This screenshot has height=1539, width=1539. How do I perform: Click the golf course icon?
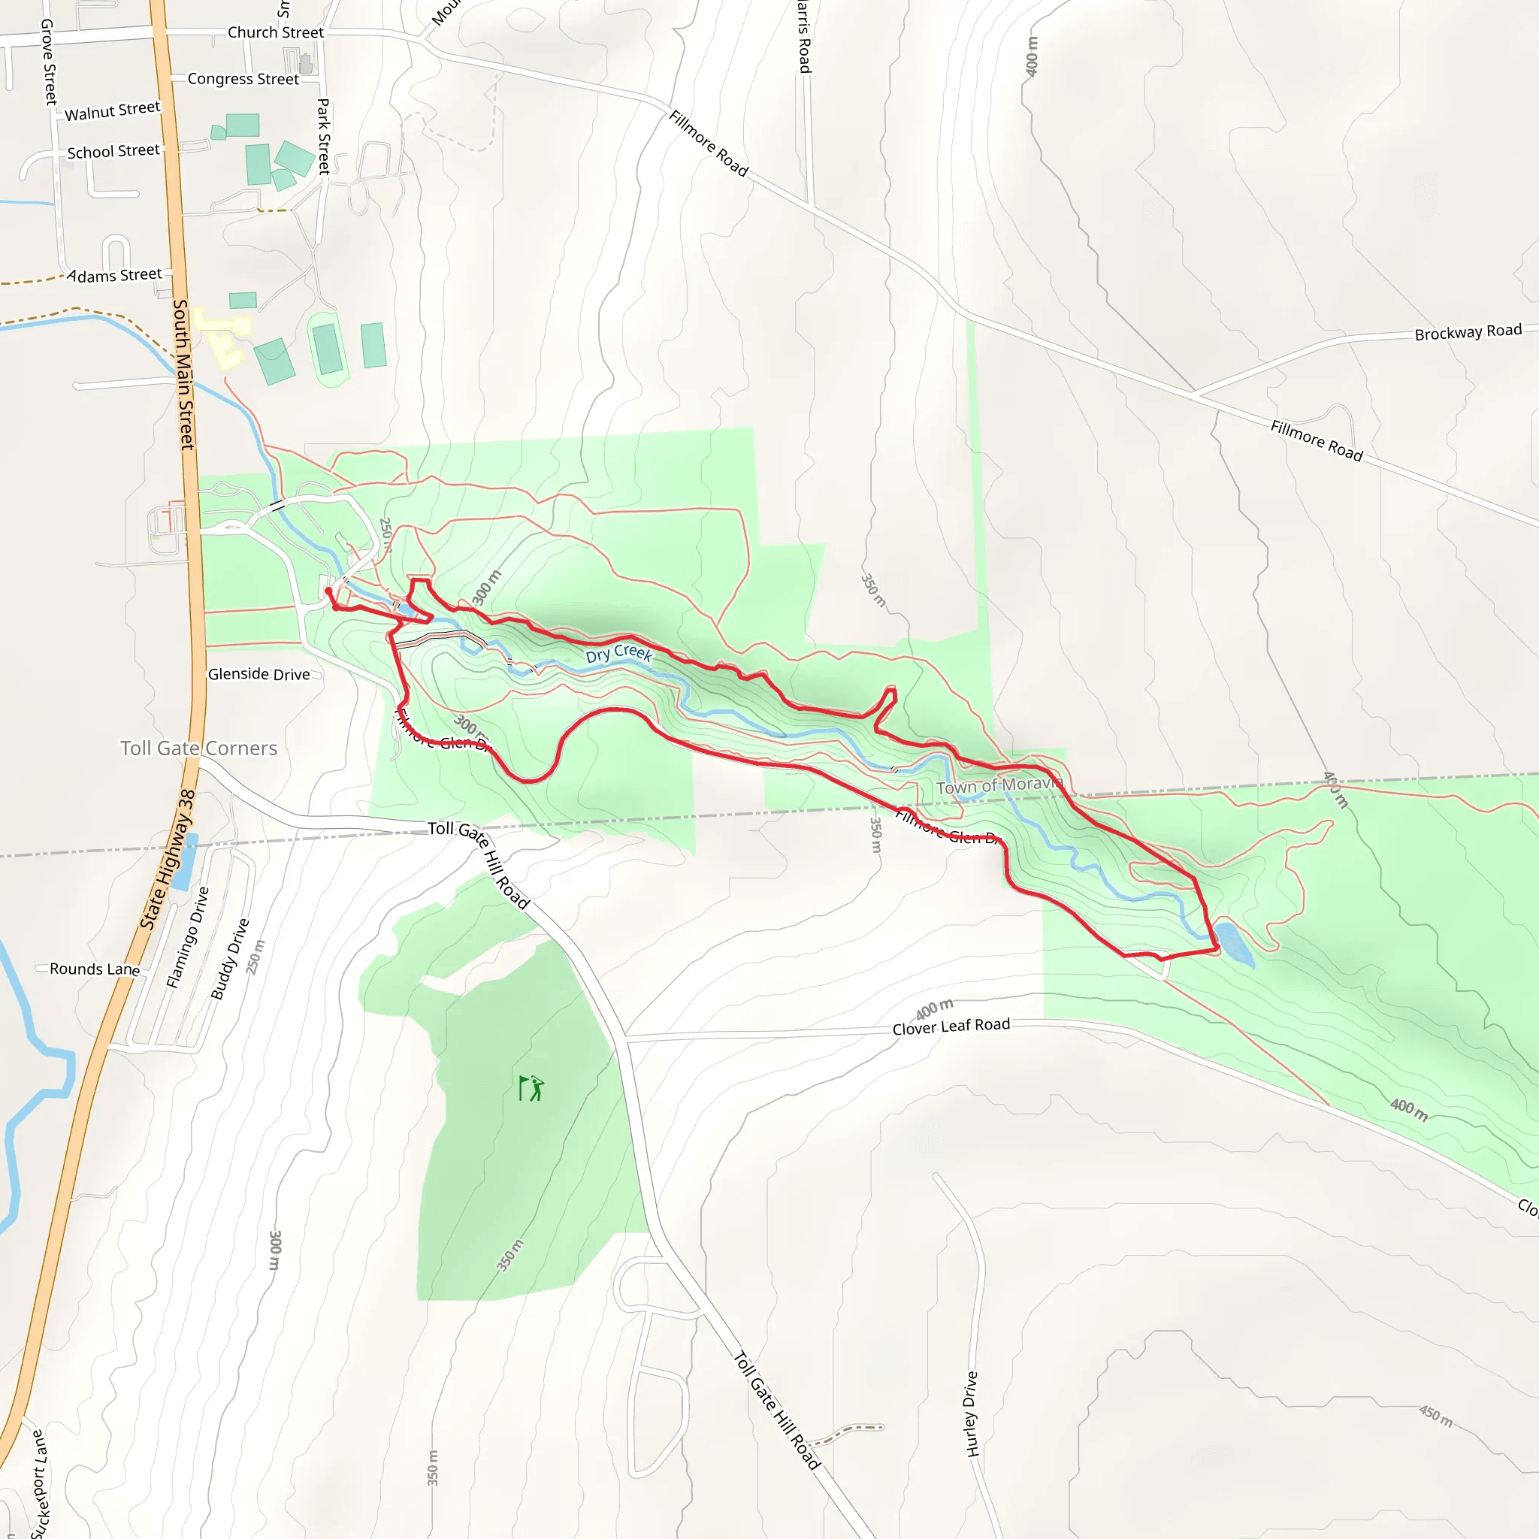click(x=531, y=1087)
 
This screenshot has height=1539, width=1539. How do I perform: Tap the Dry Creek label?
click(x=619, y=654)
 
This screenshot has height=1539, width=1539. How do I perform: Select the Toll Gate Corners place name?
click(x=198, y=748)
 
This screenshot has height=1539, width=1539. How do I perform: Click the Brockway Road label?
click(x=1468, y=332)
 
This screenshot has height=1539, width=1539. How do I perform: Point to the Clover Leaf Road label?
click(x=951, y=1027)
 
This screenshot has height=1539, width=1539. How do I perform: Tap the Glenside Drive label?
click(x=259, y=674)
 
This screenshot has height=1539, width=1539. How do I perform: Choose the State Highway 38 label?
click(x=168, y=860)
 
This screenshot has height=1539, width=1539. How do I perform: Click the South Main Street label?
click(x=184, y=374)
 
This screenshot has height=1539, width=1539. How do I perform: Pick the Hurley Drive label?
click(x=972, y=1414)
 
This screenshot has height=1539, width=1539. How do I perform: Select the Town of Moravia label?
click(x=999, y=785)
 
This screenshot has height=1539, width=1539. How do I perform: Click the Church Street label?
click(x=276, y=32)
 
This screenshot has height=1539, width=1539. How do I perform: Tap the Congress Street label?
click(x=243, y=79)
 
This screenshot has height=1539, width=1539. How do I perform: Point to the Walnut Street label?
click(x=112, y=110)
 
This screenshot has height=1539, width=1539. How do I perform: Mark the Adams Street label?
click(x=116, y=276)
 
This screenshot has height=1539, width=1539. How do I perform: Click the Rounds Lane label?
click(x=94, y=969)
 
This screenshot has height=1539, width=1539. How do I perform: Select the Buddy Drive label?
click(x=229, y=959)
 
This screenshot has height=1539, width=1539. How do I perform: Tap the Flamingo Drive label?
click(x=187, y=938)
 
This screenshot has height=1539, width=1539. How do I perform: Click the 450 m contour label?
click(x=1435, y=1417)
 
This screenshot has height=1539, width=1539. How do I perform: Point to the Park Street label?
click(x=323, y=136)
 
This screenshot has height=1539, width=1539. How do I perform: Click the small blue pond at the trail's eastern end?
click(x=1234, y=942)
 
